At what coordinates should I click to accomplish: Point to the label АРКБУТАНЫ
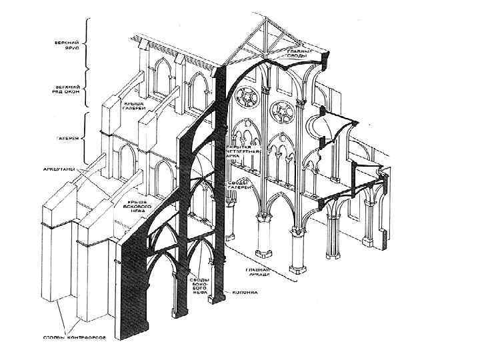point(65,170)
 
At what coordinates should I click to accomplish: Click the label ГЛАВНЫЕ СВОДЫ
point(297,55)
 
